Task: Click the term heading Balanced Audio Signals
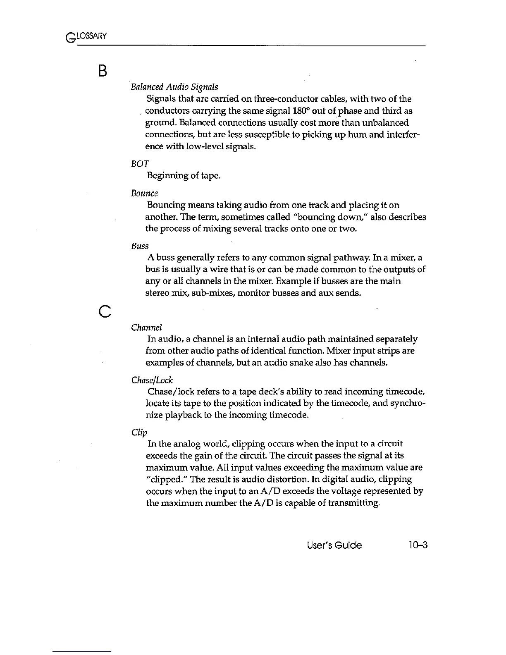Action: point(174,87)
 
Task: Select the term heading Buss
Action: point(140,246)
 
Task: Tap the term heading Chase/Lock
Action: point(152,380)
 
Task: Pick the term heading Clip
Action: point(139,433)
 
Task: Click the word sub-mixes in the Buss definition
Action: point(203,294)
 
